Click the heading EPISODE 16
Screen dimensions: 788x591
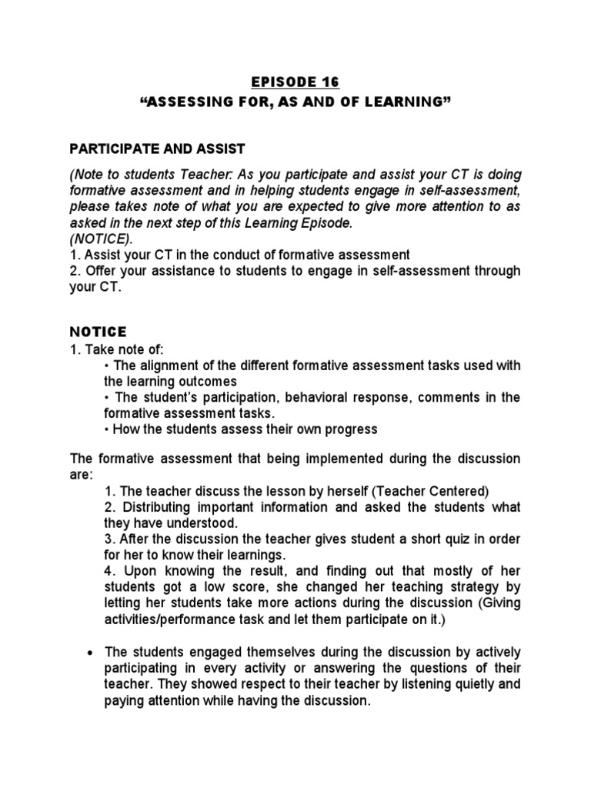point(295,82)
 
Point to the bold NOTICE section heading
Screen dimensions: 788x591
point(98,332)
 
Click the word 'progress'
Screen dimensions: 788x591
point(352,429)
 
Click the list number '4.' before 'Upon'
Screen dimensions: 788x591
point(109,570)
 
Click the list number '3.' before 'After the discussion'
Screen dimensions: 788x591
point(109,539)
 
